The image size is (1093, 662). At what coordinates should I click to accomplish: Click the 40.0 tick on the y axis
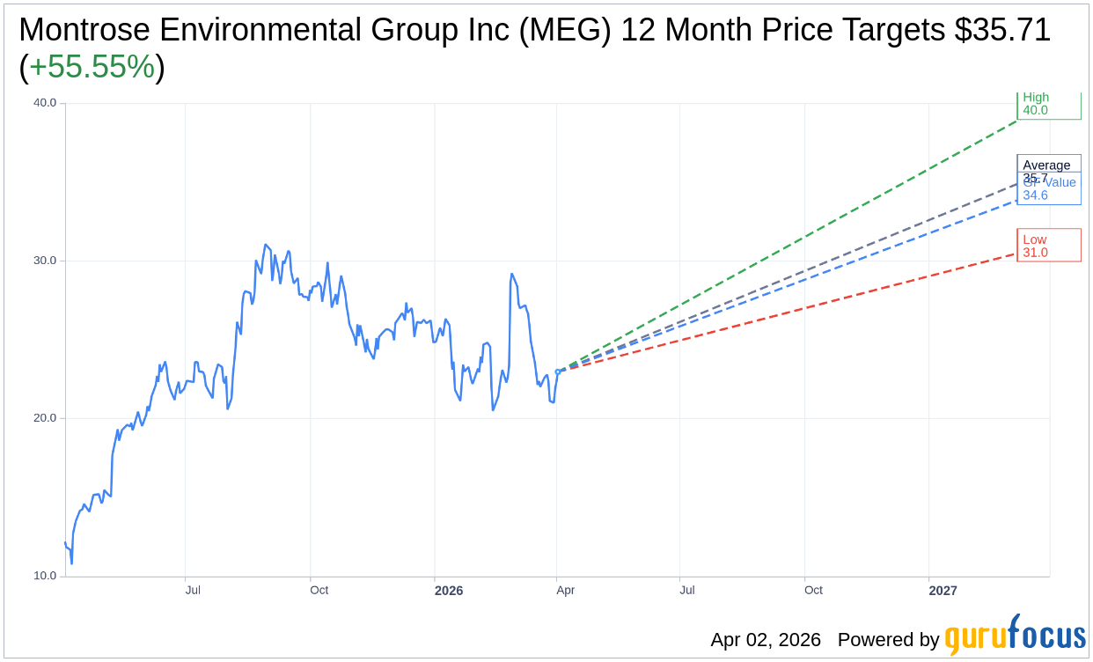tap(45, 103)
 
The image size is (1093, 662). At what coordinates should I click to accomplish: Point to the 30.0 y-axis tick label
tap(45, 261)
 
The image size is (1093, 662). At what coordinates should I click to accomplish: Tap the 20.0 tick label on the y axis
tap(45, 418)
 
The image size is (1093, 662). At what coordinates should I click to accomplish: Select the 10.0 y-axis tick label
tap(45, 576)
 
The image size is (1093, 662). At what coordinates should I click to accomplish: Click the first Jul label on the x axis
tap(193, 590)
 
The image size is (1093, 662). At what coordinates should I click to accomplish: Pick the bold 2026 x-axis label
tap(449, 591)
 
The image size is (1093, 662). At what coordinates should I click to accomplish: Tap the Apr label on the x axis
tap(565, 590)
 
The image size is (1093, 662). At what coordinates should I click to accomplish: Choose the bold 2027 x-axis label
tap(943, 591)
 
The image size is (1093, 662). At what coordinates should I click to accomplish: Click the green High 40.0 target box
tap(1048, 104)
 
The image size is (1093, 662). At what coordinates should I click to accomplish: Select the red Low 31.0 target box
tap(1048, 246)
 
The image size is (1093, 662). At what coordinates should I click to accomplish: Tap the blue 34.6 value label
tap(1036, 195)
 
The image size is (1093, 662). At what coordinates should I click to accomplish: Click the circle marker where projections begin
tap(558, 371)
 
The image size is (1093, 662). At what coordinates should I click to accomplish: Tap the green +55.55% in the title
tap(92, 67)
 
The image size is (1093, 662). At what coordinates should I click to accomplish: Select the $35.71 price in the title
tap(1002, 30)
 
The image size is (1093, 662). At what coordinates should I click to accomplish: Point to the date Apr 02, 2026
tap(766, 640)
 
